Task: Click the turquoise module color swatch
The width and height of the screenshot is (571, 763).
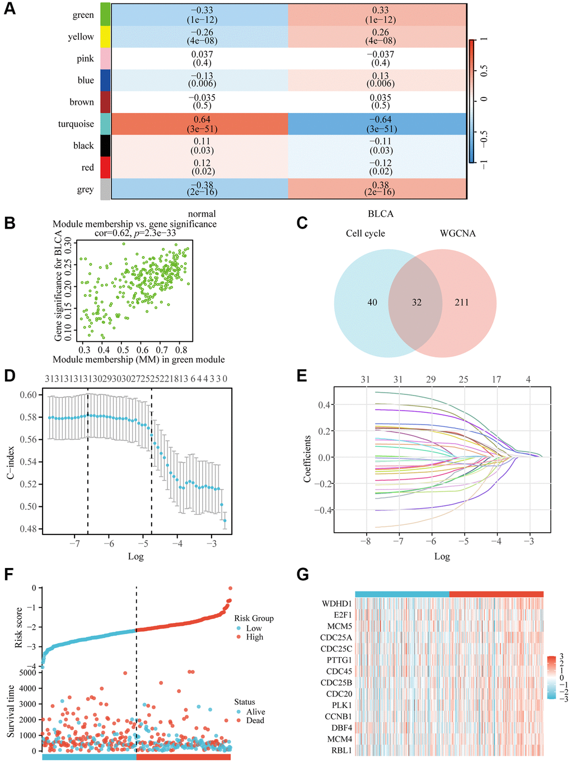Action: coord(105,124)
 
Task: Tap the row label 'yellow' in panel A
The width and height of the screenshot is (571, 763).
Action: coord(81,37)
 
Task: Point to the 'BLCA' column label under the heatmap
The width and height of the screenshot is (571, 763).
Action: coord(381,214)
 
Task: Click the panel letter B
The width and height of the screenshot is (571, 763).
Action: coord(10,223)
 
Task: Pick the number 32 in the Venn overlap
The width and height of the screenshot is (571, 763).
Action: coord(416,303)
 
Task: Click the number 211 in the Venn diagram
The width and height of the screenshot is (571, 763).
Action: coord(461,303)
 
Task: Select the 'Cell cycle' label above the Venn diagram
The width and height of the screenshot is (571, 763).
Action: coord(365,234)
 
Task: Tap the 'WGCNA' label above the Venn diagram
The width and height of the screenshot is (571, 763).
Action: coord(457,234)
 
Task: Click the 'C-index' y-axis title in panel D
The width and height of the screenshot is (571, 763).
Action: coord(11,462)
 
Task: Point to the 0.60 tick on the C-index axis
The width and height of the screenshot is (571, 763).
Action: coord(29,395)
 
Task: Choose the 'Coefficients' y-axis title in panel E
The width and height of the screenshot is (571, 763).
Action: coord(307,459)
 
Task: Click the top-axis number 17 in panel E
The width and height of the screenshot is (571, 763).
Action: coord(497,380)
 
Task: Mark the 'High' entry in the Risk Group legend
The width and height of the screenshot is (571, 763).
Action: coord(254,637)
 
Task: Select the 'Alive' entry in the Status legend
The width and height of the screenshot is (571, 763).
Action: coord(255,712)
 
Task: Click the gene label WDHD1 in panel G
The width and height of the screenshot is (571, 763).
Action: coord(336,604)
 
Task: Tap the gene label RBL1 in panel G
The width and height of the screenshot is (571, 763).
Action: coord(341,751)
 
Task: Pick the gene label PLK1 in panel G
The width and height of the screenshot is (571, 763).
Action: coord(341,705)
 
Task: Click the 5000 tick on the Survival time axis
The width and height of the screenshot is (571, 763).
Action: coord(27,673)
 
